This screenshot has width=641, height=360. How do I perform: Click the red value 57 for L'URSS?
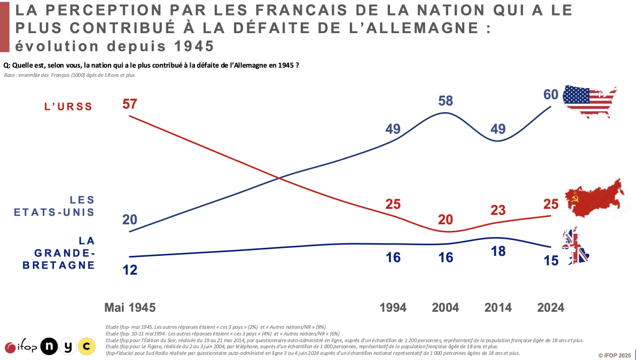(x=130, y=104)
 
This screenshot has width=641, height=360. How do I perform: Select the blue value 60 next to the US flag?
(x=551, y=95)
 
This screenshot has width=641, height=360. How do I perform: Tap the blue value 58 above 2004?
(x=445, y=101)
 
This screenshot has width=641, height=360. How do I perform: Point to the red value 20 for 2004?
(x=445, y=219)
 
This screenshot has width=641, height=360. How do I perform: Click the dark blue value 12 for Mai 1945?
(x=130, y=270)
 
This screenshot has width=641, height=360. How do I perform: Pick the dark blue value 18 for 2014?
(x=498, y=252)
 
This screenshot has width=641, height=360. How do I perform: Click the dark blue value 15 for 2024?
(x=551, y=261)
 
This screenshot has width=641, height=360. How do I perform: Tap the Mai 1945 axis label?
(x=130, y=308)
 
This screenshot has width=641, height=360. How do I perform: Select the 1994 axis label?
(x=393, y=308)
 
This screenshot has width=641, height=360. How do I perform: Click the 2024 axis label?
(x=550, y=308)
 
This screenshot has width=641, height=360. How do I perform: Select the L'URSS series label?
(x=68, y=107)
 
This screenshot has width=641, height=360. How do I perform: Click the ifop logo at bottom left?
(x=21, y=347)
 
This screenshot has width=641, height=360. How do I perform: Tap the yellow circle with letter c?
(x=86, y=347)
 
